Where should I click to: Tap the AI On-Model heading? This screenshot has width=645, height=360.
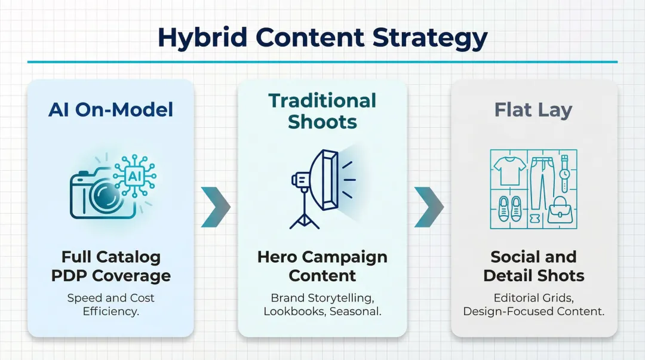tap(111, 109)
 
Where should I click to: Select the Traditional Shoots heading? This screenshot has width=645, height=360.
tap(322, 111)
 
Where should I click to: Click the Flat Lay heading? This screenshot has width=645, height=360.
tap(533, 110)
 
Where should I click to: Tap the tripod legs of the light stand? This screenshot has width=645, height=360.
tap(304, 219)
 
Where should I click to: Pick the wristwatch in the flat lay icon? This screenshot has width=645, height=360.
tap(564, 174)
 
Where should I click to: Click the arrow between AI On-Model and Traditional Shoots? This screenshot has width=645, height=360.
tap(215, 207)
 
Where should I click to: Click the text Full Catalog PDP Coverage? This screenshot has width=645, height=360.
tap(111, 266)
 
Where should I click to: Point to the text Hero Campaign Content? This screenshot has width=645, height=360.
tap(322, 266)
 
